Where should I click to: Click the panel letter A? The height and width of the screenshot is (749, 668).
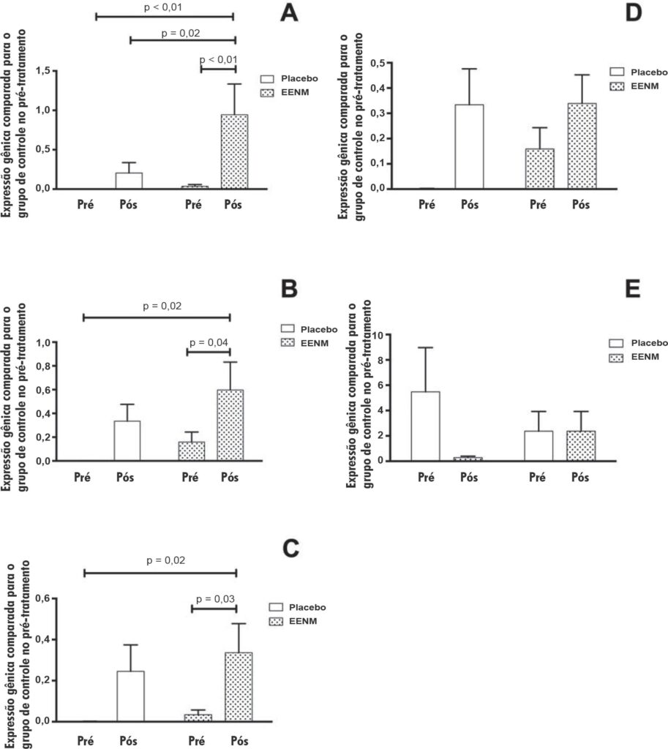(x=289, y=13)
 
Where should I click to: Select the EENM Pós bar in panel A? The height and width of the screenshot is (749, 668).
(x=235, y=151)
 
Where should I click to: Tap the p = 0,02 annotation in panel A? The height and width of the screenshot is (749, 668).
(x=181, y=33)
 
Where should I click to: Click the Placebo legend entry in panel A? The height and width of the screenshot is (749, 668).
(x=288, y=78)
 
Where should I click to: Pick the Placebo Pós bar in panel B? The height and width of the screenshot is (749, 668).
(x=127, y=440)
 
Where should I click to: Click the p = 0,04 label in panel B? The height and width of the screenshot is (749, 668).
(x=209, y=342)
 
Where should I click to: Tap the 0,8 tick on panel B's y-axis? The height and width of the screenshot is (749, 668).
(x=43, y=366)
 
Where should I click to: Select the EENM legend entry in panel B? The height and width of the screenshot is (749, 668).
(x=304, y=343)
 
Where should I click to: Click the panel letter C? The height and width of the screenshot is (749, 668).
(x=291, y=549)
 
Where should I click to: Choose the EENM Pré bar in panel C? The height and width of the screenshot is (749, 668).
(x=198, y=718)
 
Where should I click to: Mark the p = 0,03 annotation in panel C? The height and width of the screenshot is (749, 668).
(x=216, y=598)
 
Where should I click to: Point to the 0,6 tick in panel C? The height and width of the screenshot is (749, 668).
(x=43, y=598)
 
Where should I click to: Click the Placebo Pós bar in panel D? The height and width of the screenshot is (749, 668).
(x=469, y=146)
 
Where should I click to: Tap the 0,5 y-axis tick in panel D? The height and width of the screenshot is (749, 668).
(x=378, y=63)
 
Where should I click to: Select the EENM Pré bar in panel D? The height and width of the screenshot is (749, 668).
(x=540, y=169)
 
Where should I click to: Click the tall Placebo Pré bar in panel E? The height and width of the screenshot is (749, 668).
(x=425, y=426)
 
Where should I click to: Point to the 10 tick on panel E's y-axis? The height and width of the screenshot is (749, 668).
(x=378, y=335)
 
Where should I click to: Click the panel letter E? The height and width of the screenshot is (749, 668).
(x=633, y=289)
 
